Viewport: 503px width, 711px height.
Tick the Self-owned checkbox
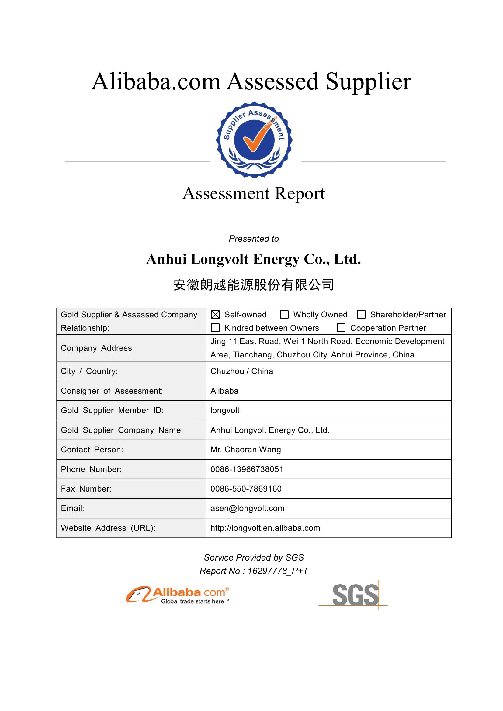(215, 315)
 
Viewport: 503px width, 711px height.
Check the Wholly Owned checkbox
(284, 315)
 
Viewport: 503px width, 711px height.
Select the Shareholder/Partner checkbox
(361, 315)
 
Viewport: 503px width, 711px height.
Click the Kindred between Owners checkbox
(215, 328)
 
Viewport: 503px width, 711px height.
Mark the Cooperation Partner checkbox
(341, 328)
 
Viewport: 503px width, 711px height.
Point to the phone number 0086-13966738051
(247, 469)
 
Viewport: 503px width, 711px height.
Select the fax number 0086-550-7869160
(246, 489)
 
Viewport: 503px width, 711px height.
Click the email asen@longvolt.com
(247, 509)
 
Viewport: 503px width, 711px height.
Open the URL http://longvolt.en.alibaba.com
(265, 528)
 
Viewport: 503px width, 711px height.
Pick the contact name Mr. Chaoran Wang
(246, 450)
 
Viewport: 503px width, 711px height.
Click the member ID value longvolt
(225, 411)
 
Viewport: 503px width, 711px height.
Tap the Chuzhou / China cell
(241, 371)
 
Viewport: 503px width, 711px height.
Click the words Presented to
(254, 239)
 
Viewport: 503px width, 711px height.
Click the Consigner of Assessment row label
(112, 391)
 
